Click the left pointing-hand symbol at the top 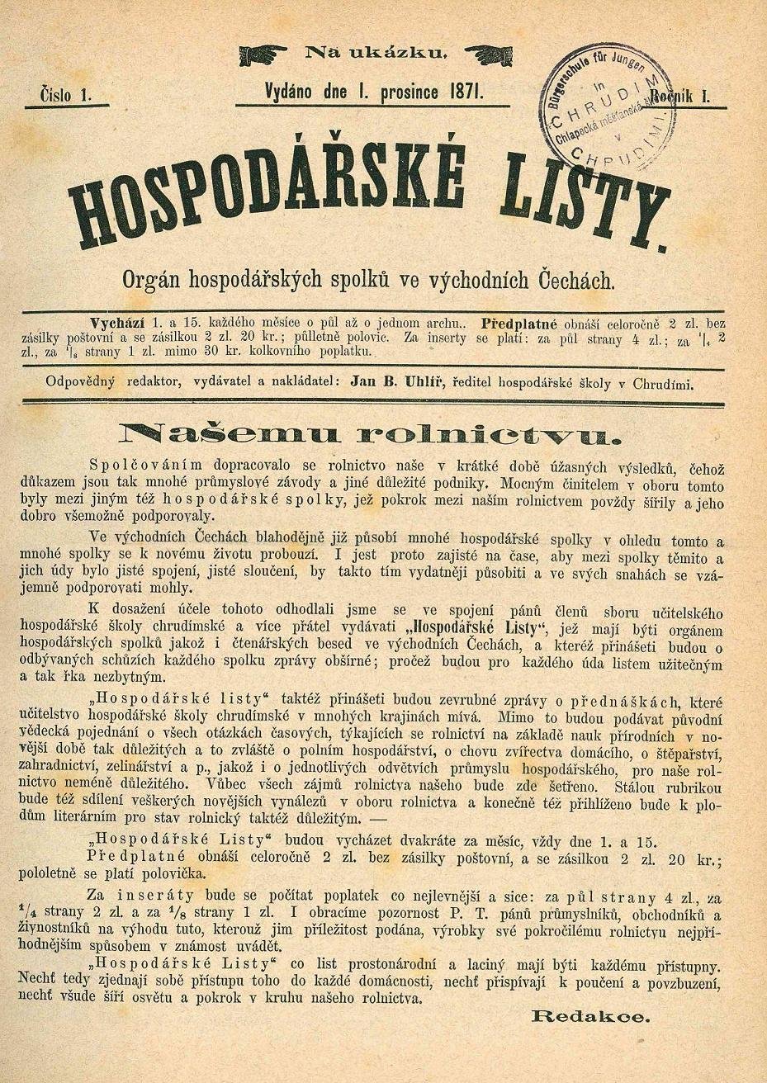click(x=263, y=55)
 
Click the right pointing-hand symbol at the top click(x=489, y=55)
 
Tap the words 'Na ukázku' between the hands click(x=376, y=54)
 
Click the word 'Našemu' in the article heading click(x=212, y=432)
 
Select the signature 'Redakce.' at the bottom click(x=591, y=1016)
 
